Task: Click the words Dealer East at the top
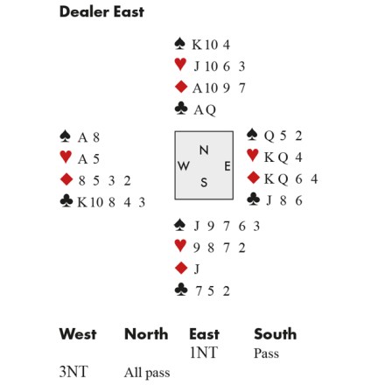point(101,12)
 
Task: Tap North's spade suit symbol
point(180,44)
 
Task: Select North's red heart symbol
point(180,65)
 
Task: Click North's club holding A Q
point(205,110)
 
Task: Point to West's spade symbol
point(65,136)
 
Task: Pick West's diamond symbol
point(66,179)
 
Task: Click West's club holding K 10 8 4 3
point(111,202)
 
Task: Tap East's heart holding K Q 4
point(283,157)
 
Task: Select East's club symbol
point(253,199)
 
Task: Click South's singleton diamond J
point(197,269)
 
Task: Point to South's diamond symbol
point(181,268)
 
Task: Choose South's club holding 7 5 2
point(213,290)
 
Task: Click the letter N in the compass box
point(204,150)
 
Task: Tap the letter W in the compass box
point(184,166)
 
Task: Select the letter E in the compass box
point(227,166)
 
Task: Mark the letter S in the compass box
point(204,183)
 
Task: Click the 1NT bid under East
point(204,353)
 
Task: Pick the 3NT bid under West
point(73,372)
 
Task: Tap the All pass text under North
point(147,373)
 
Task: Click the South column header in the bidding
point(276,334)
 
